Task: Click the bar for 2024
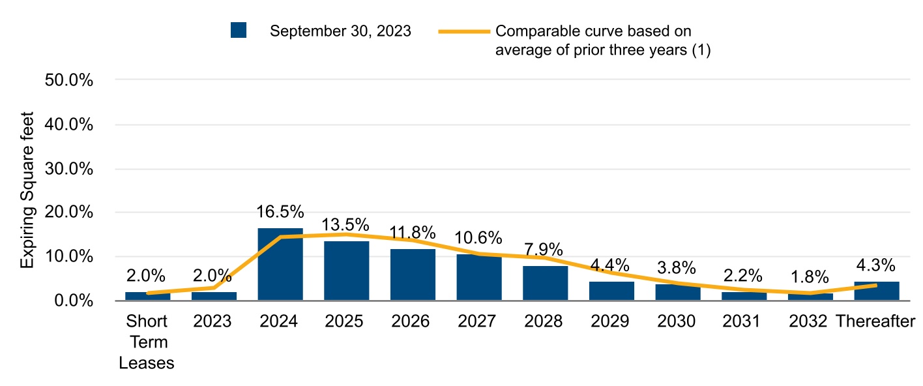coord(280,264)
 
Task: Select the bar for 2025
coord(347,271)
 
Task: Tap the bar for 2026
coord(413,275)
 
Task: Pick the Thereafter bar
coord(876,291)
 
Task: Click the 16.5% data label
coord(280,212)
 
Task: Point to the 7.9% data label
coord(545,250)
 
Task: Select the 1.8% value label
coord(810,277)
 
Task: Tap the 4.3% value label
coord(876,266)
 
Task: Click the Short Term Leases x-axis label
coord(147,342)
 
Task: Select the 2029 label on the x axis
coord(611,321)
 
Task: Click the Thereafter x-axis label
coord(876,321)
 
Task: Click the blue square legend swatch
coord(239,31)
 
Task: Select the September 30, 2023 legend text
coord(340,31)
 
